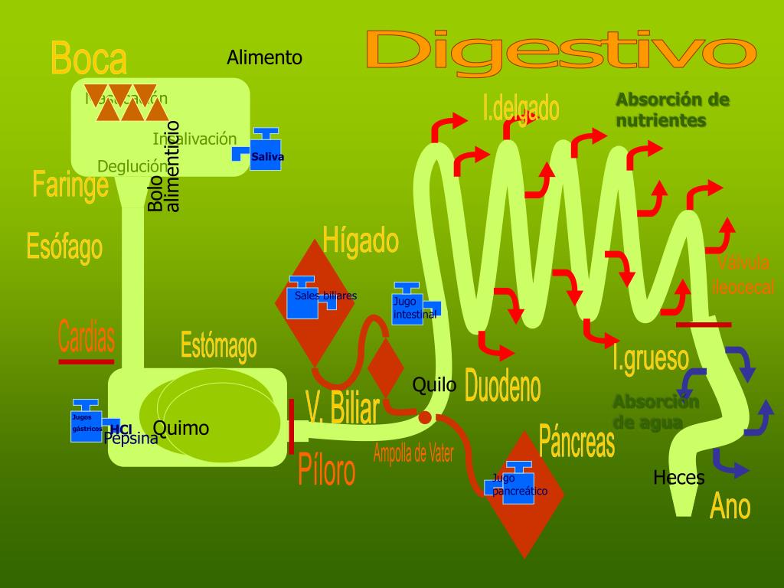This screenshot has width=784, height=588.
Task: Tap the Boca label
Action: pyautogui.click(x=89, y=58)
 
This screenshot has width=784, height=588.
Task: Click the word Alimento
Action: pyautogui.click(x=264, y=57)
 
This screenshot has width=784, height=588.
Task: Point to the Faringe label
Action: pyautogui.click(x=70, y=185)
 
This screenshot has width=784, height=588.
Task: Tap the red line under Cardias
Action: pyautogui.click(x=86, y=361)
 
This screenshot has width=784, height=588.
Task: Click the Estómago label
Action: pyautogui.click(x=218, y=345)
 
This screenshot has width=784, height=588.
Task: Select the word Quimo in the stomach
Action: pyautogui.click(x=181, y=428)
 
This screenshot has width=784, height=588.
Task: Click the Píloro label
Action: pyautogui.click(x=326, y=470)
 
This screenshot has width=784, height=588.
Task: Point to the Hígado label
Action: pyautogui.click(x=361, y=240)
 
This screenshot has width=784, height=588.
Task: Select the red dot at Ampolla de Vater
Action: pyautogui.click(x=425, y=417)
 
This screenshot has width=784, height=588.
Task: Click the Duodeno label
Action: pyautogui.click(x=502, y=387)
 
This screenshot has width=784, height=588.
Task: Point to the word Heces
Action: pyautogui.click(x=678, y=478)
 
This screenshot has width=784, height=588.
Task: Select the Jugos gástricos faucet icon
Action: pyautogui.click(x=86, y=421)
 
